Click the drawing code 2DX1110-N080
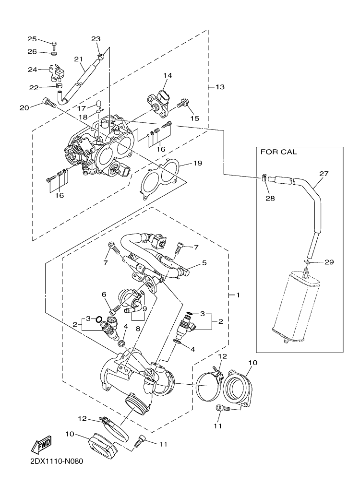point(57,461)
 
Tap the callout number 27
point(324,174)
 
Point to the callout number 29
point(329,262)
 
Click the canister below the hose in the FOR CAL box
point(295,307)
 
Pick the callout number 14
point(168,75)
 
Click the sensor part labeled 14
point(160,100)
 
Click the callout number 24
point(32,69)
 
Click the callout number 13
point(220,87)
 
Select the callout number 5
point(204,262)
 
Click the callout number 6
point(103,294)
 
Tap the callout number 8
point(138,328)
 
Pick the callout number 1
point(238,295)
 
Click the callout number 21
point(78,59)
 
